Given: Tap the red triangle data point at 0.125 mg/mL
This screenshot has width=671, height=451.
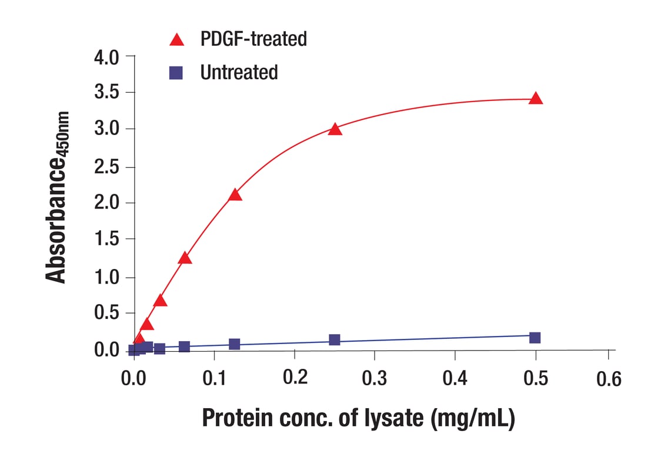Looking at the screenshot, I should click(235, 195).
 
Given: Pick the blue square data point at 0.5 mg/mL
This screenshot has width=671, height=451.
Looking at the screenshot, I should click(535, 338).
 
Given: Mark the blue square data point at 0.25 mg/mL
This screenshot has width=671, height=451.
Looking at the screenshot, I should click(335, 340).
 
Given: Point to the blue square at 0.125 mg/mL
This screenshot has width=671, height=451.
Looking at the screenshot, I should click(235, 344).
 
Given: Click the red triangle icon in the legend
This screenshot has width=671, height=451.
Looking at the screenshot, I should click(176, 40).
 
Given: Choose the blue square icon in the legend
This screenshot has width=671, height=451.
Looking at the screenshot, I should click(176, 73).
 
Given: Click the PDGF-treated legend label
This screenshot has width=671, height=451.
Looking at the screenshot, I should click(253, 39).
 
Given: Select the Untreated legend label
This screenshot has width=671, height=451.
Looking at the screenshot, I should click(239, 73).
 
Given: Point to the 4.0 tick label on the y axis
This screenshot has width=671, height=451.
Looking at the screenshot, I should click(106, 58).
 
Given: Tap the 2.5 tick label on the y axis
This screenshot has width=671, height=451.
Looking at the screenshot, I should click(106, 167).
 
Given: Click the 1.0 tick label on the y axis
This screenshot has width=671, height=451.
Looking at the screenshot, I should click(106, 277).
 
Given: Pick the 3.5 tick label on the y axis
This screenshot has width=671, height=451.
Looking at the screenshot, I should click(106, 93).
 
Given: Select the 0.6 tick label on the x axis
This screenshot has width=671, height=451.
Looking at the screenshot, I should click(608, 379).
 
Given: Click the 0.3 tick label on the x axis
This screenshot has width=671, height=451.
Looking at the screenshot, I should click(375, 378).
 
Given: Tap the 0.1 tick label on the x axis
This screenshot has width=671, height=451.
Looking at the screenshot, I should click(215, 378).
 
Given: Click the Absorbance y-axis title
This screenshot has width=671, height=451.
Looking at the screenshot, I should click(58, 198).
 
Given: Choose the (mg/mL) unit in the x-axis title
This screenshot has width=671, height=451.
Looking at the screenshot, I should click(473, 418).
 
